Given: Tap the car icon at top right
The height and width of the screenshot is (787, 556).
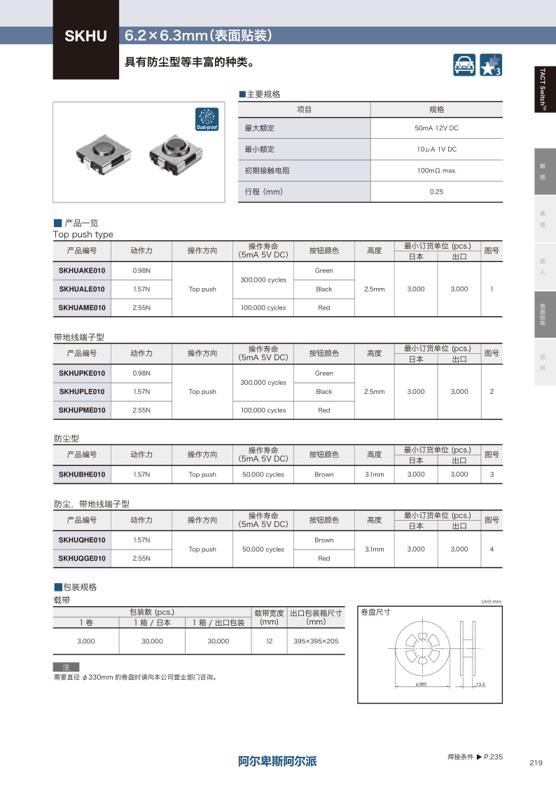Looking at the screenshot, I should [464, 64].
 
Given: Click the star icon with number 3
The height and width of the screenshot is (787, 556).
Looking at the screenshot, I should [490, 64].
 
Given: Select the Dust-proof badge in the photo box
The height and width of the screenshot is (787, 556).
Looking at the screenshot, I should [207, 120].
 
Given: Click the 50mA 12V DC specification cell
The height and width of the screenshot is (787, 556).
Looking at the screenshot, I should [436, 128].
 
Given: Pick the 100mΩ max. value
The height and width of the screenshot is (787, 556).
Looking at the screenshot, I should [436, 171].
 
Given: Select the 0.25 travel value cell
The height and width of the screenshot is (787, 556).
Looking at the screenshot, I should [436, 192].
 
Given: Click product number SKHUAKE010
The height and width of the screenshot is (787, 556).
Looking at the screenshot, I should [82, 271].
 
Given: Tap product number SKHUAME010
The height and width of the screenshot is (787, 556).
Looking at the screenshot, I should [82, 308].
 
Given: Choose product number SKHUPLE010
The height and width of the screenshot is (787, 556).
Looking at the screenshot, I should [82, 392].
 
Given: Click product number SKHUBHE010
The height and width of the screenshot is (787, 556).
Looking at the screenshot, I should [82, 474].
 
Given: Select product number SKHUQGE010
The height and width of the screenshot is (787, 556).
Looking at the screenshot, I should [82, 559].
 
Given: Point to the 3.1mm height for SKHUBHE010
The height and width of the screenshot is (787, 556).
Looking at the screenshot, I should [375, 474].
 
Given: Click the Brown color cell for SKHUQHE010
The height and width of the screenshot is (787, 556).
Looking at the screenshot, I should [324, 540].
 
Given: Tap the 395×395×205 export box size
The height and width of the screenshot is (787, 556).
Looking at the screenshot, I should [316, 641].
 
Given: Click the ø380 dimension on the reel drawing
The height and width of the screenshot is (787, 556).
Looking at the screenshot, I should [422, 684].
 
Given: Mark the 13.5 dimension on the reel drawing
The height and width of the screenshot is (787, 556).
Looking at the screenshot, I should [480, 684].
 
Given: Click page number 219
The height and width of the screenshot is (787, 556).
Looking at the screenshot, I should [536, 763].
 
